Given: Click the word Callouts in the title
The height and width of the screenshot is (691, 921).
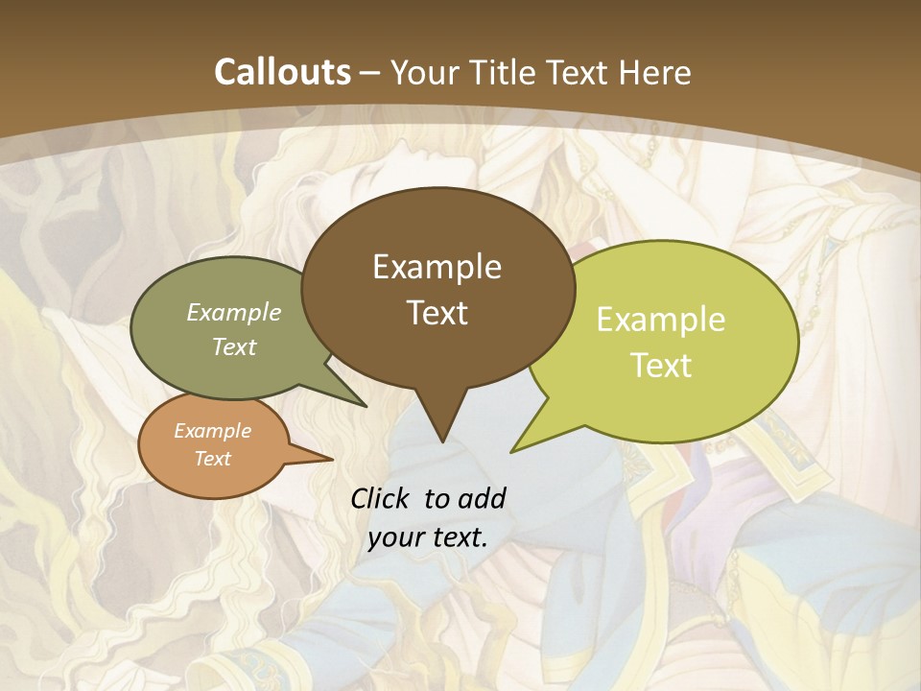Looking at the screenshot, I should pos(282,72).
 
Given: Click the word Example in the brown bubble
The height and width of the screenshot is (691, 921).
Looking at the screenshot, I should pos(437,267).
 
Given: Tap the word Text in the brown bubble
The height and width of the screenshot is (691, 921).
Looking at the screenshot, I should pos(437,313).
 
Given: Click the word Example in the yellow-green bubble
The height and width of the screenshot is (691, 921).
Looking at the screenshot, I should pos(661,320).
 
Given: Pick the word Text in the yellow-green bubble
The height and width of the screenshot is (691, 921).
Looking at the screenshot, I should pos(662,365).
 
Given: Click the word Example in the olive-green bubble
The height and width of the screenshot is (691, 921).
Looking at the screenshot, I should pos(234,313).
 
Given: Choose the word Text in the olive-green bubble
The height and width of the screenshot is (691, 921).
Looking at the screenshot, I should pos(234,346).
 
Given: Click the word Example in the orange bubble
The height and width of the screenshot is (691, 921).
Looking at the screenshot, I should pos(212,431).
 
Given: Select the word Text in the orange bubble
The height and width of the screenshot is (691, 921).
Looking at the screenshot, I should pos(213,459).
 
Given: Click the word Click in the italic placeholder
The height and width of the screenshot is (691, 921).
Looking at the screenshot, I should pos(382,498).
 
